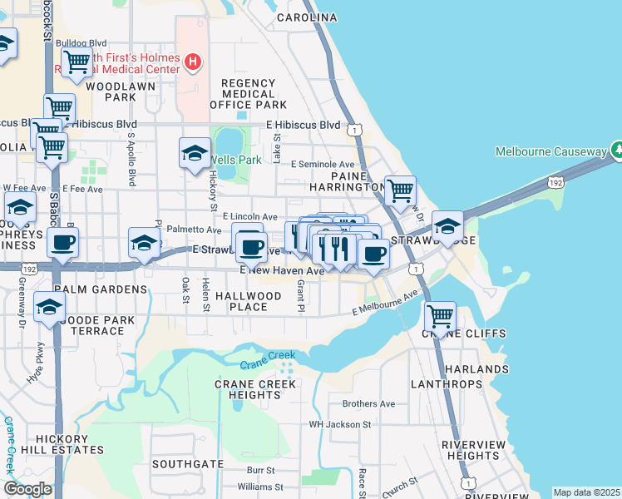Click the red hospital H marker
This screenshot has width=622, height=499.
193,61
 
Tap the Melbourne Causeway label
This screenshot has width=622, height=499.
551,151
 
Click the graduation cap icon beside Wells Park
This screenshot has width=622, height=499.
195,153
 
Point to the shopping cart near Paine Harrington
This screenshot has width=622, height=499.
400,190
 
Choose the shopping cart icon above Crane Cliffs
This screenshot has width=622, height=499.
440,316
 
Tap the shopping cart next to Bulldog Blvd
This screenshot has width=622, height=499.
77,61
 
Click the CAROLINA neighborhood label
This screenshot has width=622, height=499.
307,17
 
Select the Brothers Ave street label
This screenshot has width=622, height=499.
368,404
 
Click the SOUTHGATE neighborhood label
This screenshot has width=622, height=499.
188,463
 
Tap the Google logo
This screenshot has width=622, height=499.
27,488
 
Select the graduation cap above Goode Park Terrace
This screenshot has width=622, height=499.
49,308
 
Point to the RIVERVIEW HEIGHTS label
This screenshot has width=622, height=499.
472,450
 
